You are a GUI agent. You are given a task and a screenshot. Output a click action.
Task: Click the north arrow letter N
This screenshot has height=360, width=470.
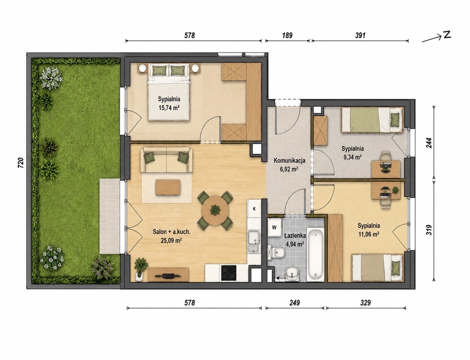[447, 35]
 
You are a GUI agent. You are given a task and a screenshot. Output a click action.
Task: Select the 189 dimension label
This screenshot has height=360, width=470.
[287, 35]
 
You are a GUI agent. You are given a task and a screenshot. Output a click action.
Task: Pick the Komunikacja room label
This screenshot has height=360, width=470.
[289, 160]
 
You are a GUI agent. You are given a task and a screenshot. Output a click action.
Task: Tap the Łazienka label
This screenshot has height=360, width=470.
[295, 236]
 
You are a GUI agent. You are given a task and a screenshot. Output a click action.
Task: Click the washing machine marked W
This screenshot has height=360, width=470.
[274, 227]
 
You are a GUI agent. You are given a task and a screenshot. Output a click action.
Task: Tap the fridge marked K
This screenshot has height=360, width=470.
[254, 209]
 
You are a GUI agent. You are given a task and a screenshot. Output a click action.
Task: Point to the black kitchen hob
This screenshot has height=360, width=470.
[229, 273]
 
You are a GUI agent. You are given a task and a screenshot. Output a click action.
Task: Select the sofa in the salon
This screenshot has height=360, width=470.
[167, 160]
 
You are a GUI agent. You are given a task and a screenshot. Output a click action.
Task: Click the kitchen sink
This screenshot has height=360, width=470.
[254, 242]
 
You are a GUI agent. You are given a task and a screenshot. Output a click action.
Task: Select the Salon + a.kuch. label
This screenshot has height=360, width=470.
[172, 232]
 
